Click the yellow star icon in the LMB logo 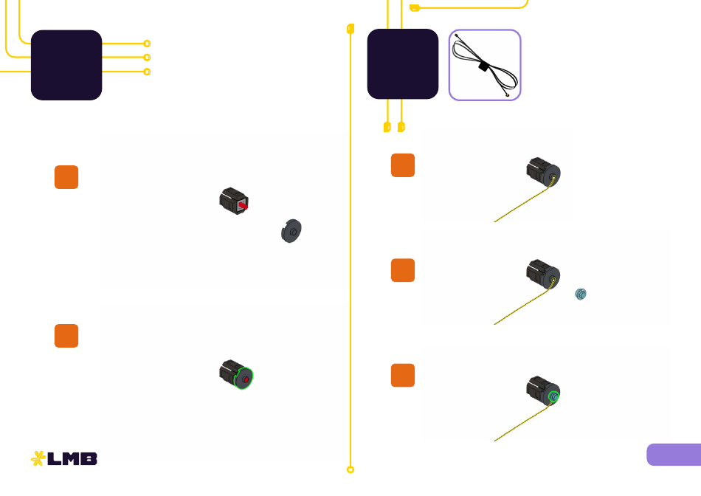(38, 458)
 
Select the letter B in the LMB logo (89, 459)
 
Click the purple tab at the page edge (674, 455)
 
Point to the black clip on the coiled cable (483, 66)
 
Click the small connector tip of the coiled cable (507, 94)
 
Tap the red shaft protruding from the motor (244, 206)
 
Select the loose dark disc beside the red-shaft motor (291, 231)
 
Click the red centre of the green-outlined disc (246, 379)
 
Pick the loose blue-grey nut (580, 294)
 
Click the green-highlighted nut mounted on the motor (553, 396)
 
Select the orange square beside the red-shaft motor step (66, 177)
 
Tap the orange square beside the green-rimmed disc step (66, 336)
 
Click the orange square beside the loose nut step (403, 270)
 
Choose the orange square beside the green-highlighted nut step (403, 375)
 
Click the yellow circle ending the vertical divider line (350, 469)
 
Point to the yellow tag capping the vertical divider (350, 29)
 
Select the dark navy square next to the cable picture (403, 64)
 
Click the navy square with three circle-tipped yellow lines (66, 65)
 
